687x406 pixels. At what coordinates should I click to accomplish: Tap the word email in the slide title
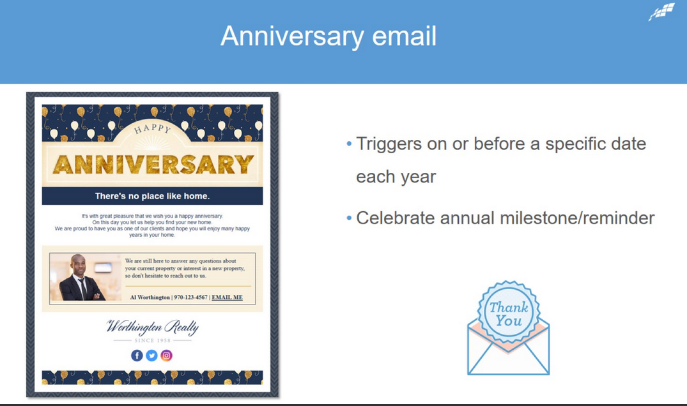point(405,36)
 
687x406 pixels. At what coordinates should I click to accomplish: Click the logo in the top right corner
point(661,12)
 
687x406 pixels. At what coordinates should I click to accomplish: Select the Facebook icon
point(137,356)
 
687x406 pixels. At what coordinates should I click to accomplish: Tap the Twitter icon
point(151,356)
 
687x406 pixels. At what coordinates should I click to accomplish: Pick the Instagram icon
point(167,356)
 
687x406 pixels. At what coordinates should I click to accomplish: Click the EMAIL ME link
point(227,297)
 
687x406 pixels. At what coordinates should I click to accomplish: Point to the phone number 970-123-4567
point(190,297)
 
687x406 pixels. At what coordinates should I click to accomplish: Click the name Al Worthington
point(150,297)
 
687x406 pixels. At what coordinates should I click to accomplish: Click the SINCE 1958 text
point(153,340)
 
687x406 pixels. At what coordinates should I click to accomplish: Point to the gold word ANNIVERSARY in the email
point(153,165)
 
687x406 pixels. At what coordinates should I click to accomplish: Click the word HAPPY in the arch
point(153,128)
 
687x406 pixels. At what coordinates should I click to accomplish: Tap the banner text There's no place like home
point(153,196)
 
